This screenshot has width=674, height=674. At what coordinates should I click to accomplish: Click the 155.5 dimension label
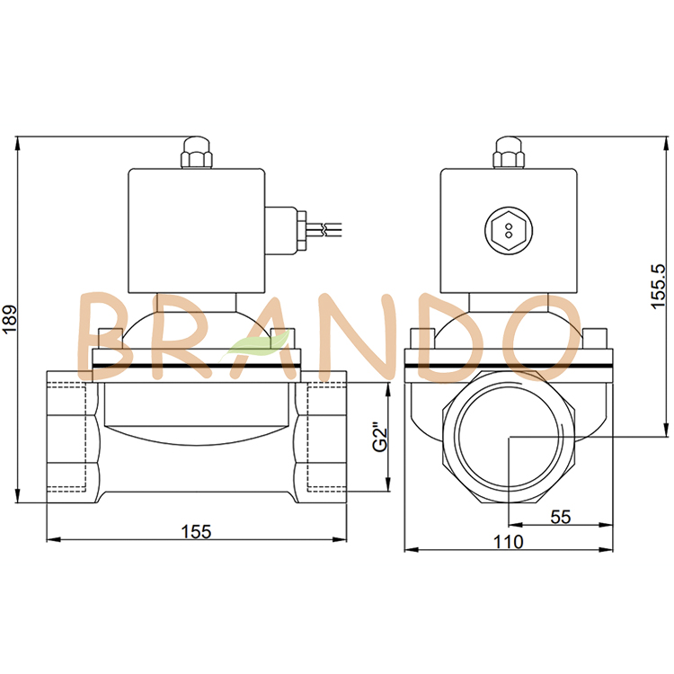coord(658,287)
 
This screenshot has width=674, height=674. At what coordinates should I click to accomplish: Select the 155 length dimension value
coord(195,531)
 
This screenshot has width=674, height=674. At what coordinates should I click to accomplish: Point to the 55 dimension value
coord(560,517)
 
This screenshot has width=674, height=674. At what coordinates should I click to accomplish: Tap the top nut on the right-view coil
coord(509,153)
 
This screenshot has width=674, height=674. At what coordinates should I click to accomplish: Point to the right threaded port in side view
coord(321,439)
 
